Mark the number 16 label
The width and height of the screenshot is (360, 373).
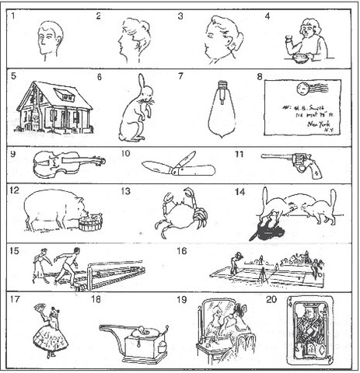182,252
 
